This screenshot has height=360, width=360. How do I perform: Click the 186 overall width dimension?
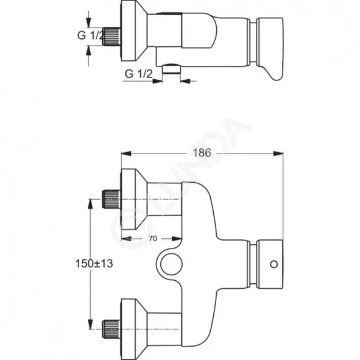click(202, 153)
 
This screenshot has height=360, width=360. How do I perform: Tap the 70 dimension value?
click(153, 239)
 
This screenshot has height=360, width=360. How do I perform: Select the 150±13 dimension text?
click(94, 264)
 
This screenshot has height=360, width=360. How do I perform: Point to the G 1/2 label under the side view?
click(139, 74)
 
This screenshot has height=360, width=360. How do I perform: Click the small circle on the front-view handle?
click(274, 264)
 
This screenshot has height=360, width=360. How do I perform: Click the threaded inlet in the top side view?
click(111, 36)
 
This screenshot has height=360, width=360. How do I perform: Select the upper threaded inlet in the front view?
click(111, 199)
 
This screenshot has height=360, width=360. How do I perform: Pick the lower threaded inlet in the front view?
click(111, 329)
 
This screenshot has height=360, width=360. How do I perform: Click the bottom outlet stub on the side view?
click(171, 69)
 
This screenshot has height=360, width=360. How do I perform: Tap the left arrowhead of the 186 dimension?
click(126, 154)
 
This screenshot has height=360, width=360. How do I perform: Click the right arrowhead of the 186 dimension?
click(278, 154)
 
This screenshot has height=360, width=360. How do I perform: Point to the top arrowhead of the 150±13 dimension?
click(91, 204)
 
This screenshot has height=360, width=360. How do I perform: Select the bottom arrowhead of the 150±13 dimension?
click(91, 324)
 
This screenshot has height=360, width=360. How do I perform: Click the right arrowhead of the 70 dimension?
click(177, 239)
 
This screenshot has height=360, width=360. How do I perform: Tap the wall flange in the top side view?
click(134, 31)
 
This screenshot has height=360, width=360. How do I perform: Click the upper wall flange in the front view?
click(134, 199)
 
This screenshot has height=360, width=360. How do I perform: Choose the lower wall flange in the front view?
click(134, 329)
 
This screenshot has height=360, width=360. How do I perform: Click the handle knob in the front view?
click(269, 264)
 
